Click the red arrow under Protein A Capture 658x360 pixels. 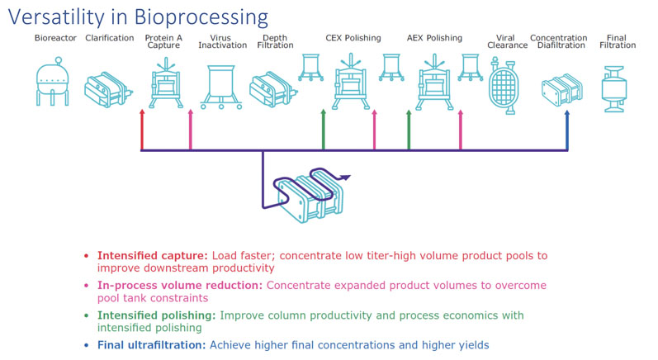click(142, 129)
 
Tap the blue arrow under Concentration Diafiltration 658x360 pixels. click(567, 129)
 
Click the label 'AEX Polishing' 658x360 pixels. click(434, 38)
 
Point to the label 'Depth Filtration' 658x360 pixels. click(274, 41)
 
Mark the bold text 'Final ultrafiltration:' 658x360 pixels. click(154, 344)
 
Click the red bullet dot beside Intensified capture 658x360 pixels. click(87, 256)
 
